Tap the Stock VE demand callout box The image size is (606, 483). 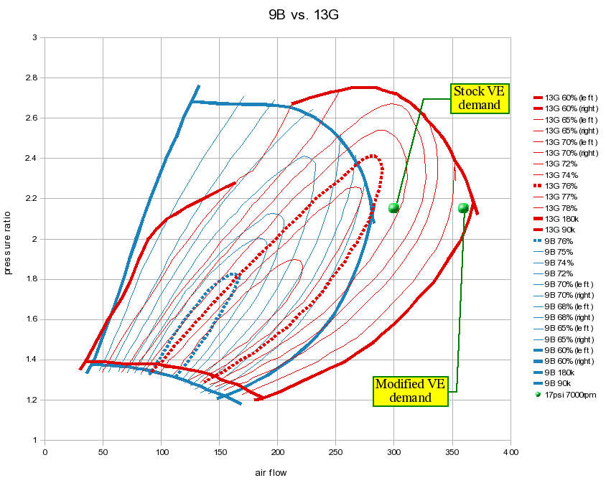(480, 98)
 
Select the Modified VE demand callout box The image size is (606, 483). (411, 391)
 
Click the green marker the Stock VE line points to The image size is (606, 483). (393, 208)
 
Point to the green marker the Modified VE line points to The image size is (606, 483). (463, 208)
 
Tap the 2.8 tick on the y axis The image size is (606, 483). (32, 78)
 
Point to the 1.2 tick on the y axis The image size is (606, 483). (32, 400)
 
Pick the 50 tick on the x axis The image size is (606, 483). (103, 452)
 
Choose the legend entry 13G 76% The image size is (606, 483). (562, 186)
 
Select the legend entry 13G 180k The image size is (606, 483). (563, 219)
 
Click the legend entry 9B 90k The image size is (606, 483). (560, 384)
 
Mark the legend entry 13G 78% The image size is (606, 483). (562, 208)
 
